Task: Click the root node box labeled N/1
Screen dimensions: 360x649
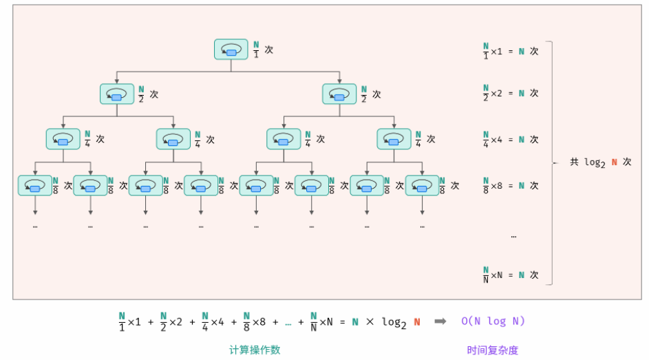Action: (231, 50)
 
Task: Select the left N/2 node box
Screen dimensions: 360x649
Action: (116, 94)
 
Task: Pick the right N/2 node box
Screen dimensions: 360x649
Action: (339, 94)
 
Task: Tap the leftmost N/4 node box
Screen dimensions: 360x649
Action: (63, 139)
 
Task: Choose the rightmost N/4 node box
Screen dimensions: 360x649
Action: (394, 139)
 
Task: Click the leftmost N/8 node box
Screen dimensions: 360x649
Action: (34, 185)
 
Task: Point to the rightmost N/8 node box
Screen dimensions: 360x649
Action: (422, 185)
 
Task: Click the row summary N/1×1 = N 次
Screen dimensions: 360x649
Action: (510, 52)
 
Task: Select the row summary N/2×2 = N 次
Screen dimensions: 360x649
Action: (510, 93)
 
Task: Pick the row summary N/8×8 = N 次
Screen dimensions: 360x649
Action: (510, 185)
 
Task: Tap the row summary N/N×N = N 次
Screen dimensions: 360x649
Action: (510, 274)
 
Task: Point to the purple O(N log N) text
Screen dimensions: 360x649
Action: (493, 321)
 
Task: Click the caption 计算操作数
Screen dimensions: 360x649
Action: (255, 350)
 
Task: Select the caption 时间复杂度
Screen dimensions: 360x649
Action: (492, 350)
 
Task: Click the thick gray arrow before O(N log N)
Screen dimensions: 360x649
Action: (440, 321)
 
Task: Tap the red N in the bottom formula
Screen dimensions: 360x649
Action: (417, 321)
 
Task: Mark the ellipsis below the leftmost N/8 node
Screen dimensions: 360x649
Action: (34, 226)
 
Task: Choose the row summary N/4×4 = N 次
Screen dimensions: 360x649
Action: (510, 139)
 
